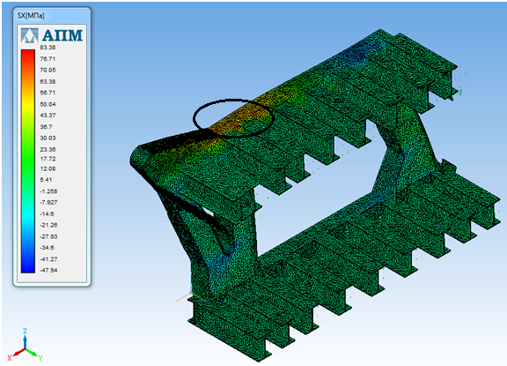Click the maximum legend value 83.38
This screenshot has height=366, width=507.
click(48, 48)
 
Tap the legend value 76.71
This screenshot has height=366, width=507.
click(48, 59)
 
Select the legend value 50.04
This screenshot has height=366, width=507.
click(48, 104)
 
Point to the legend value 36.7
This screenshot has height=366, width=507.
click(47, 127)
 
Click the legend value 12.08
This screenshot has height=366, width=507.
click(48, 168)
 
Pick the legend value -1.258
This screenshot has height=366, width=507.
click(48, 191)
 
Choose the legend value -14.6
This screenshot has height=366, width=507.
click(47, 214)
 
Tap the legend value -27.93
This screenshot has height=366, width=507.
click(48, 236)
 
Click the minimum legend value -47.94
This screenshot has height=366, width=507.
click(48, 270)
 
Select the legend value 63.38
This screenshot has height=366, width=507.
click(48, 82)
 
